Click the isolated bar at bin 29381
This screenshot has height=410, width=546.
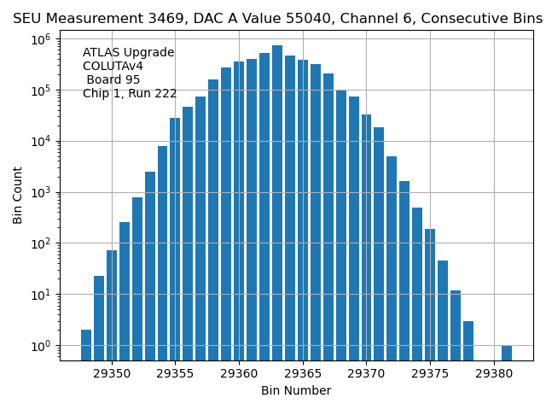coord(507,352)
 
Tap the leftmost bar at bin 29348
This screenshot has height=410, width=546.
coord(86,344)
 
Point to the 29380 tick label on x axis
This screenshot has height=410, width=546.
coord(493,373)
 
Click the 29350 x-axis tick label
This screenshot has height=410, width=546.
coord(112,373)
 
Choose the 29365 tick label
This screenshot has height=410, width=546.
coord(302,373)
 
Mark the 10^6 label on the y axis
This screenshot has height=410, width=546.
coord(41,39)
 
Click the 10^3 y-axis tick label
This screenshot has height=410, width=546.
coord(41,192)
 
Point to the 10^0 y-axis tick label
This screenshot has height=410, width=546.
coord(41,345)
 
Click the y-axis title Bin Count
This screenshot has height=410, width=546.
coord(18,196)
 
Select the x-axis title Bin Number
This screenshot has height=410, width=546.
coord(296,391)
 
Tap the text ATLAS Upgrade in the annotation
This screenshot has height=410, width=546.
coord(128,53)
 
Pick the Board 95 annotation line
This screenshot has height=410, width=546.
coord(114,80)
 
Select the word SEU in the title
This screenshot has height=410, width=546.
coord(28,19)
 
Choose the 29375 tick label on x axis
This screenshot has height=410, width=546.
coord(430,373)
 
